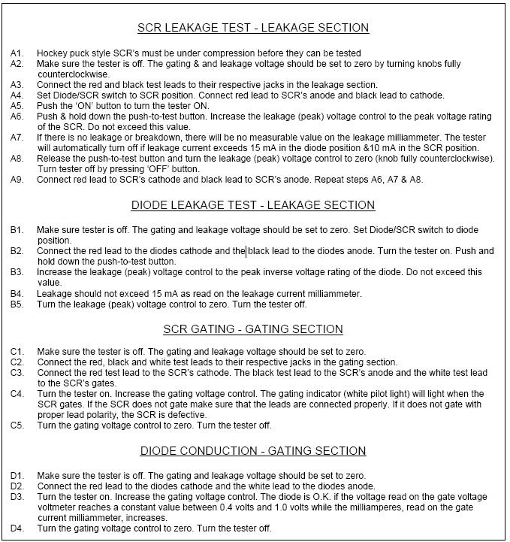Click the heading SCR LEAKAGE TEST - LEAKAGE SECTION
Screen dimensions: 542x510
(x=253, y=28)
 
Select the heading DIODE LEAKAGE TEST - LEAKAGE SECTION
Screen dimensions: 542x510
(x=253, y=205)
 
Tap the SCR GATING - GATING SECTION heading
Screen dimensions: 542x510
(x=253, y=329)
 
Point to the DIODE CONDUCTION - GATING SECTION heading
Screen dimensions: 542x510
(x=253, y=451)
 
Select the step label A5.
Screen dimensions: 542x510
(x=17, y=107)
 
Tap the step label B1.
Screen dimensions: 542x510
(x=17, y=229)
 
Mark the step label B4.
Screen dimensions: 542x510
(x=17, y=293)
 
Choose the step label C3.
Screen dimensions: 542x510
(x=17, y=372)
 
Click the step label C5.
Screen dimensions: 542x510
(x=17, y=425)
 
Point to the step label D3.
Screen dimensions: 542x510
(x=17, y=497)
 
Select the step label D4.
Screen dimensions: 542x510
(x=17, y=528)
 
